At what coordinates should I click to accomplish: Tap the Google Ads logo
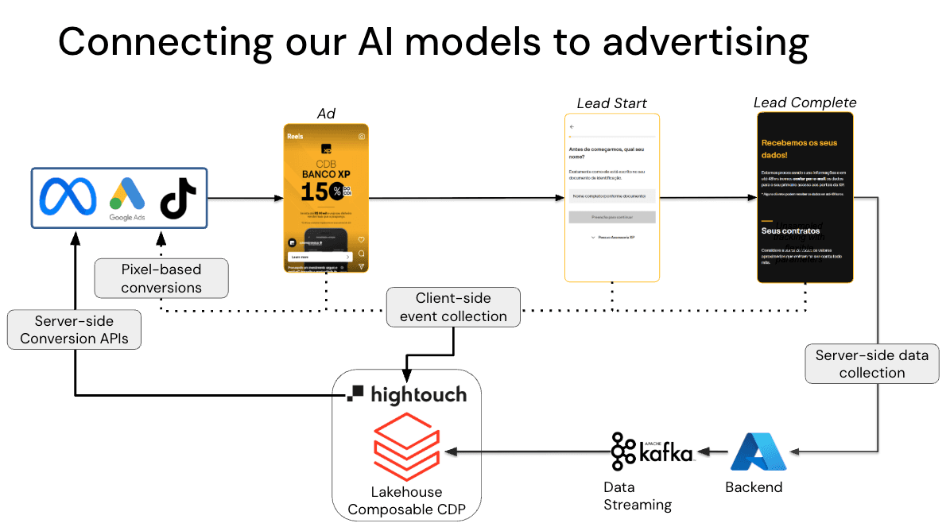[127, 198]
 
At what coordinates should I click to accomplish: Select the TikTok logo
[179, 196]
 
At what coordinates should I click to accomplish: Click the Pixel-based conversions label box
[161, 278]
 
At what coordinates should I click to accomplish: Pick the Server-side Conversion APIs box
[74, 330]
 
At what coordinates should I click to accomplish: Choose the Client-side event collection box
[453, 307]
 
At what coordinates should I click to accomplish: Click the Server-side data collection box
[871, 363]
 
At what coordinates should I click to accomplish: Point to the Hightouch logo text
[407, 394]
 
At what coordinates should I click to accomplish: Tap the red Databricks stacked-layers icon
[406, 448]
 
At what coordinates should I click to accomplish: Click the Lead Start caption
[611, 103]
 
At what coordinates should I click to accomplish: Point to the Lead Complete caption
[805, 103]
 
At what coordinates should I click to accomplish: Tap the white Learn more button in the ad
[320, 257]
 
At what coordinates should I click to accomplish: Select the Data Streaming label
[637, 496]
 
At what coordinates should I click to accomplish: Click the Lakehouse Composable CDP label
[406, 501]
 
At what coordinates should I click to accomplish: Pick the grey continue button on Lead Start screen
[612, 217]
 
